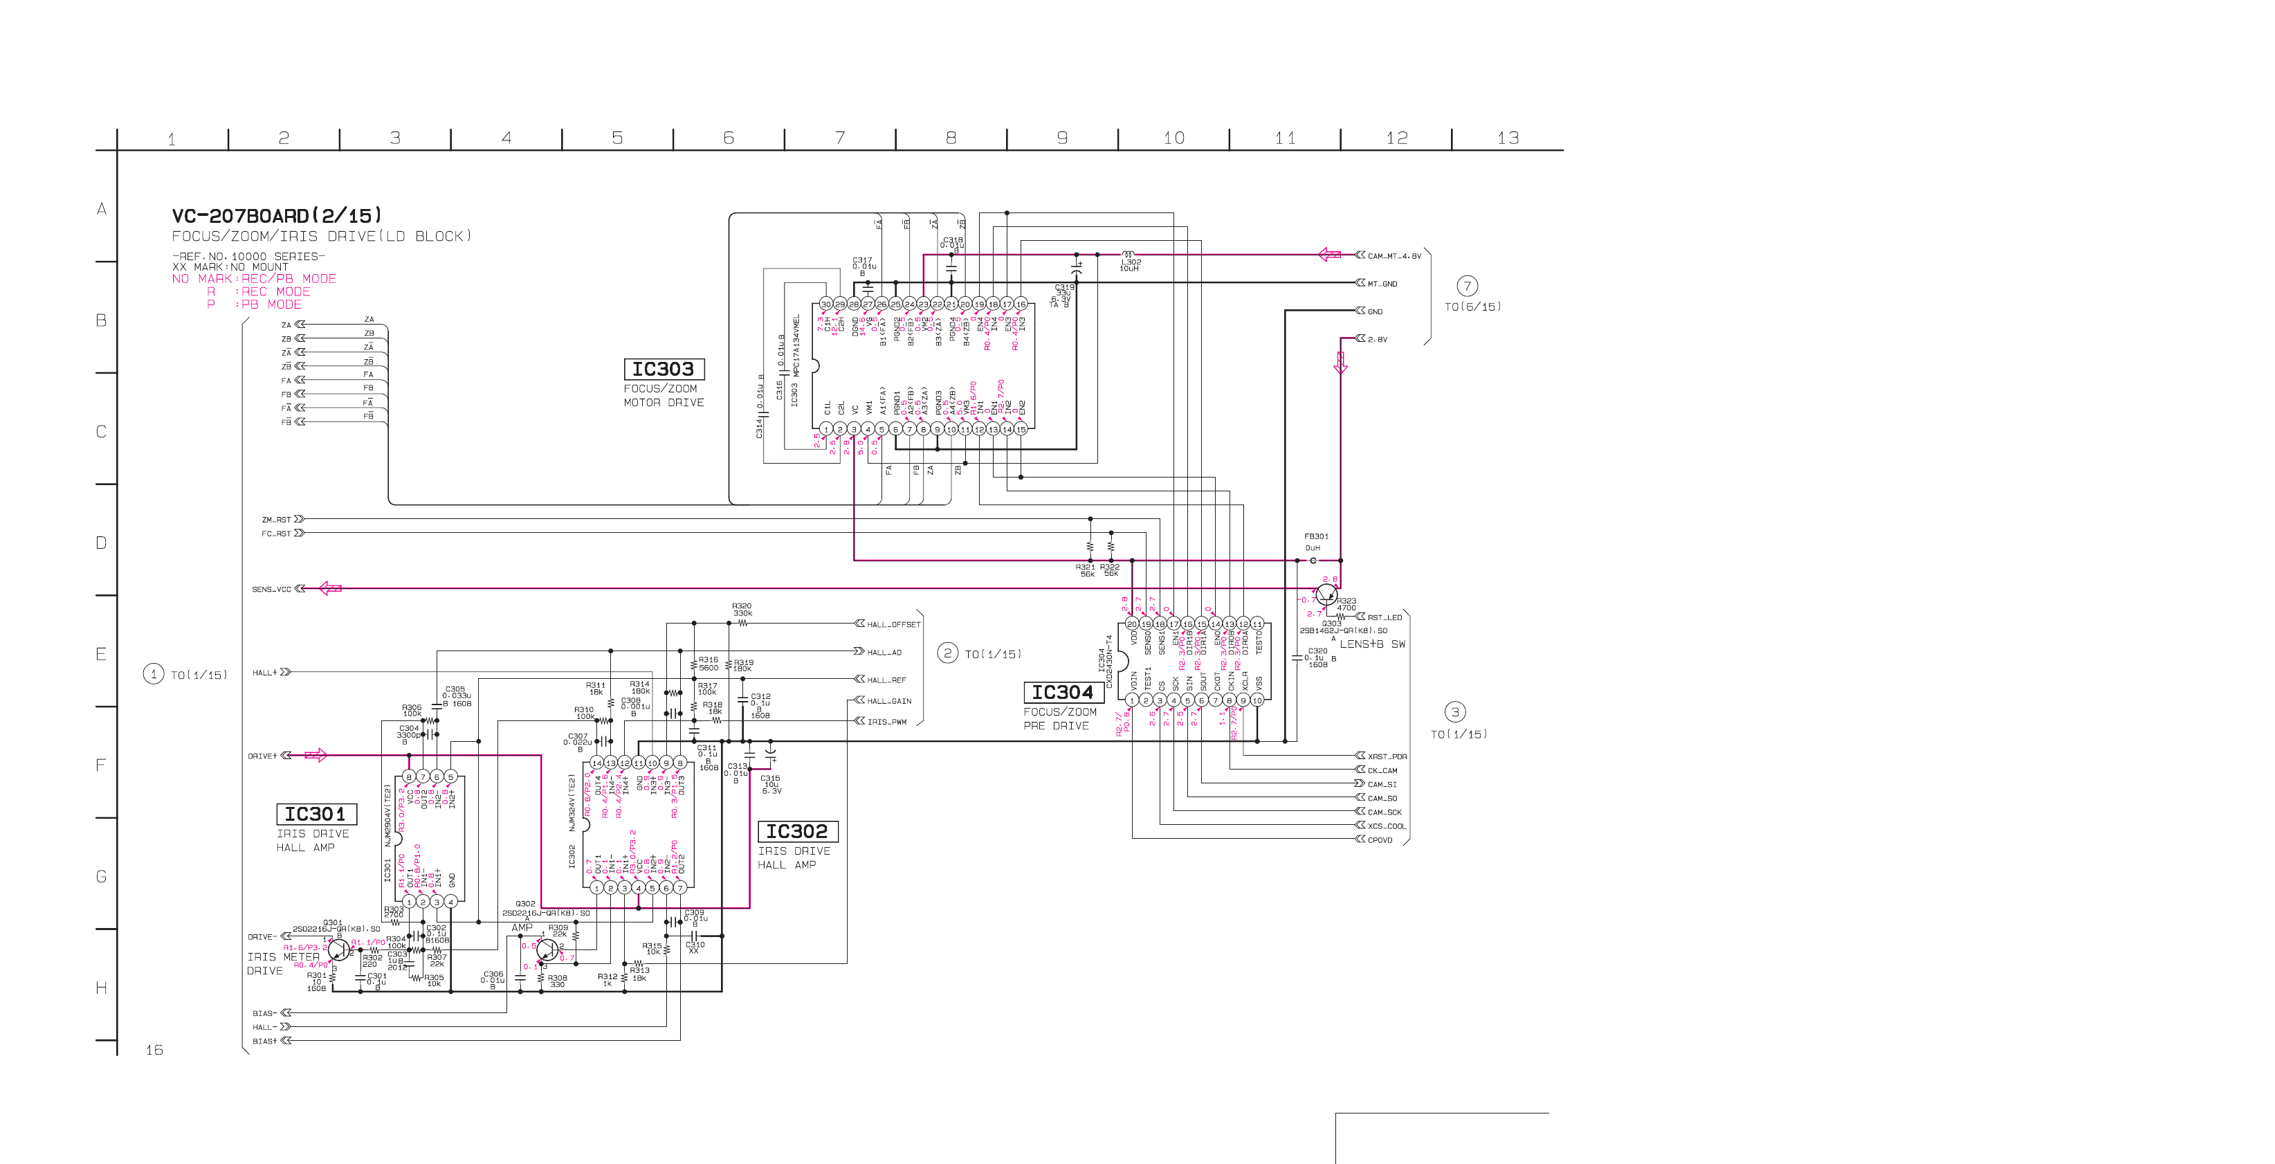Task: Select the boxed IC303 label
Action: pyautogui.click(x=664, y=369)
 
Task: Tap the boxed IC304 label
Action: pyautogui.click(x=1063, y=693)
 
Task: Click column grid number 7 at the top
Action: pyautogui.click(x=840, y=138)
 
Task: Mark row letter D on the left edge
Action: pyautogui.click(x=102, y=543)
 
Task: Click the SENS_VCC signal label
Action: pyautogui.click(x=271, y=589)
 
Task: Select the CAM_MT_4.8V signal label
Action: pyautogui.click(x=1394, y=256)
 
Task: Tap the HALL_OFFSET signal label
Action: pyautogui.click(x=893, y=624)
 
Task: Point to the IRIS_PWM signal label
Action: pyautogui.click(x=887, y=722)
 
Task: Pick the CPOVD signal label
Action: pyautogui.click(x=1380, y=840)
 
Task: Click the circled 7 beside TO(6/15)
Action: pyautogui.click(x=1467, y=286)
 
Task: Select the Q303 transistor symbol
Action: pyautogui.click(x=1326, y=594)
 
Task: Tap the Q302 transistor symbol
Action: pyautogui.click(x=547, y=951)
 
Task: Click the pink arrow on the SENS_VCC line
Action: pyautogui.click(x=330, y=588)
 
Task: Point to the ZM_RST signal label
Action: pyautogui.click(x=275, y=519)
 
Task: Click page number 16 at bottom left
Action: pyautogui.click(x=154, y=1050)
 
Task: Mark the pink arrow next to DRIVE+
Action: pyautogui.click(x=316, y=755)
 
